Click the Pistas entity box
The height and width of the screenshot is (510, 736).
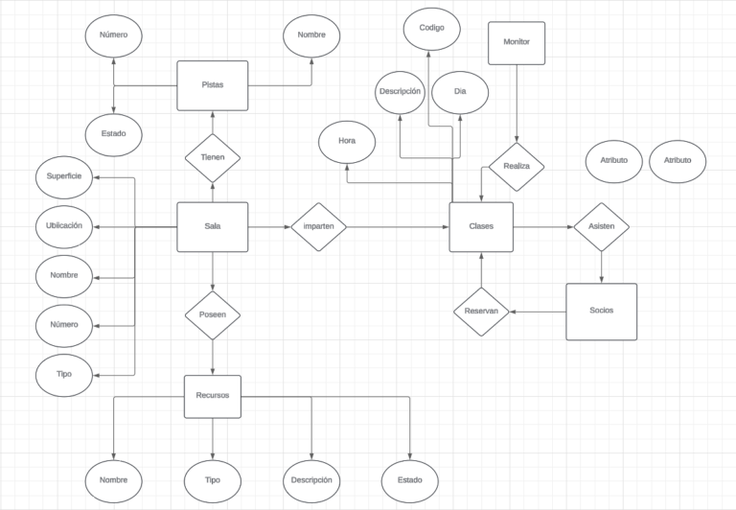click(213, 85)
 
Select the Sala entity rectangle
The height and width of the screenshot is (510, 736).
click(213, 227)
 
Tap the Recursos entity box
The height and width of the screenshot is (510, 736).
click(213, 395)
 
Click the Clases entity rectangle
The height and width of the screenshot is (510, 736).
click(481, 227)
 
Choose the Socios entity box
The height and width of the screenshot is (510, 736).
click(601, 312)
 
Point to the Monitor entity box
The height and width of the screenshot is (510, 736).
click(517, 43)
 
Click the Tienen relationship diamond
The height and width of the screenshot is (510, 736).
click(213, 156)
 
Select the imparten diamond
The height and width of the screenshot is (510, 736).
click(318, 227)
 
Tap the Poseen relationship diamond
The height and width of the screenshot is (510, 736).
click(213, 313)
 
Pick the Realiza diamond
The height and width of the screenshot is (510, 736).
click(517, 167)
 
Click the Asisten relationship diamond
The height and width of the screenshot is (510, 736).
click(601, 227)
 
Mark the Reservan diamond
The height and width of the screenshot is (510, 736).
click(481, 312)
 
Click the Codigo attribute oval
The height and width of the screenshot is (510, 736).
click(432, 29)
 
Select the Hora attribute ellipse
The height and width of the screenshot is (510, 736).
click(347, 142)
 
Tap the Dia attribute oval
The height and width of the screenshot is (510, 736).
click(460, 93)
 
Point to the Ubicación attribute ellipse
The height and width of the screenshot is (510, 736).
click(64, 226)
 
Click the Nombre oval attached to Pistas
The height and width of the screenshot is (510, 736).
click(311, 36)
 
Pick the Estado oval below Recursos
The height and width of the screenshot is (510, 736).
click(410, 478)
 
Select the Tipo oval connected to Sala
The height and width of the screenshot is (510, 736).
click(64, 374)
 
